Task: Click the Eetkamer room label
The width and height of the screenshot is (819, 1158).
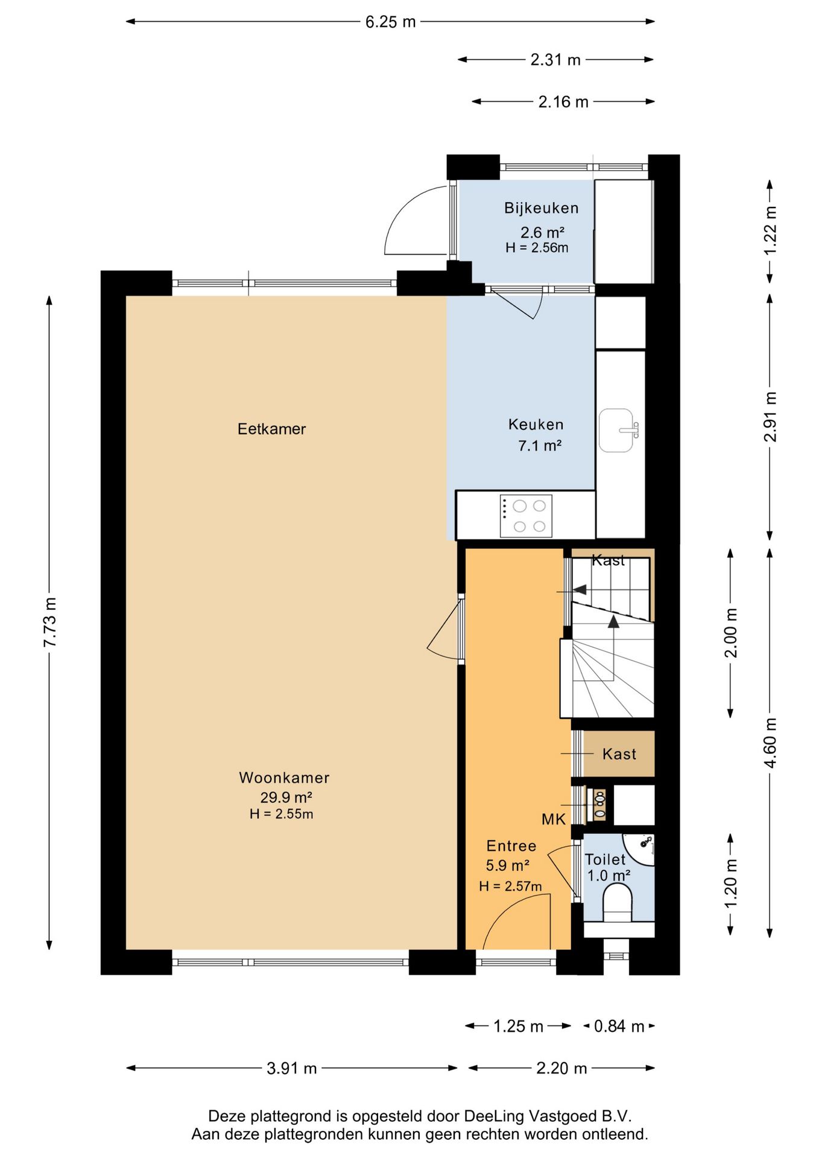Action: pos(271,429)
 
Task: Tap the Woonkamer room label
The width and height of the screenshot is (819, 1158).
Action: pos(284,777)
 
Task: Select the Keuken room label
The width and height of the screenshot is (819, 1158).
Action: pos(536,425)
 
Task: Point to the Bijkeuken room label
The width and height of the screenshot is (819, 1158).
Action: pos(541,208)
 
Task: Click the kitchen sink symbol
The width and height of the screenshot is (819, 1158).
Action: pos(618,430)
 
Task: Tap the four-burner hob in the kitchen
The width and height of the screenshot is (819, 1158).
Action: pos(525,516)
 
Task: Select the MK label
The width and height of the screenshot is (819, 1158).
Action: pos(553,819)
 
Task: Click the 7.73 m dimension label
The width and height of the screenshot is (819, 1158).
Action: pos(49,622)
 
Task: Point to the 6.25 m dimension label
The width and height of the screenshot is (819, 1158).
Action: pos(390,22)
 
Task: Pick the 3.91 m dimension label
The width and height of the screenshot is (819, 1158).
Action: pos(291,1068)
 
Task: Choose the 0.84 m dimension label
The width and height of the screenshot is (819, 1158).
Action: pos(619,1026)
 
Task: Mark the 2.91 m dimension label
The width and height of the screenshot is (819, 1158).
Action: pos(770,417)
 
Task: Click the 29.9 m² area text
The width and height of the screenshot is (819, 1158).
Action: pos(286,797)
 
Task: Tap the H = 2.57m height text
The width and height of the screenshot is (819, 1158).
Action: pos(510,886)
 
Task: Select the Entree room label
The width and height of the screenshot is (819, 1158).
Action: pos(511,846)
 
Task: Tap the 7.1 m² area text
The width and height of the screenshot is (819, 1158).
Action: pos(540,446)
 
